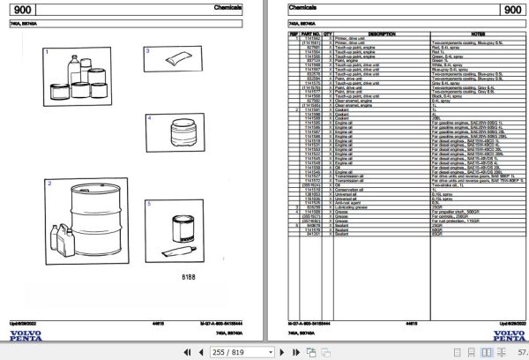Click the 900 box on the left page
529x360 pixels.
coord(26,10)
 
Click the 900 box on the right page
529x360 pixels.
coord(511,10)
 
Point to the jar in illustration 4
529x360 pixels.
coord(183,135)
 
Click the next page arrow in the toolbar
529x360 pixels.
coord(286,352)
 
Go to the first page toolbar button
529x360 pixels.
coord(172,352)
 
